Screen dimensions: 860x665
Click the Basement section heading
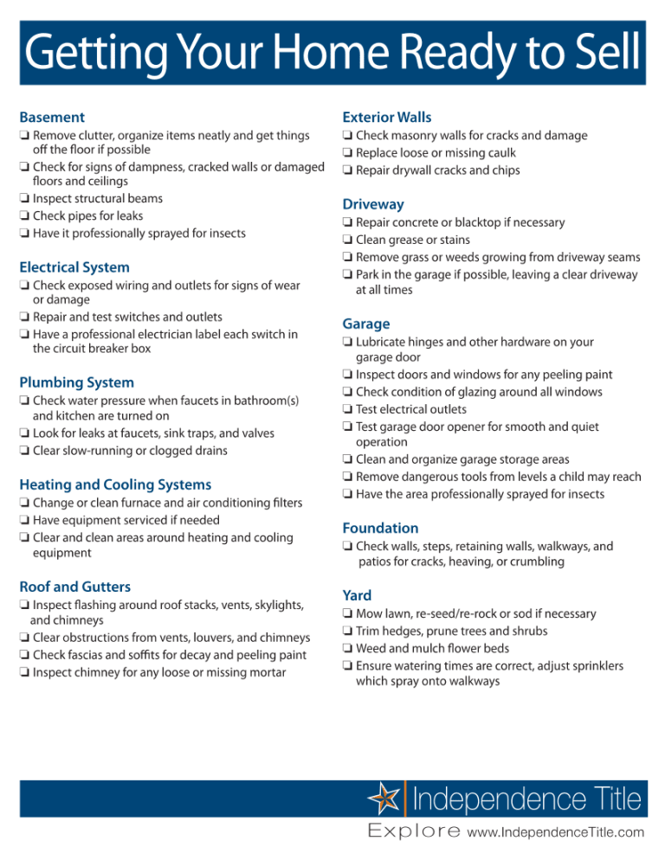52,117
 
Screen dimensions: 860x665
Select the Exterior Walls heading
386,117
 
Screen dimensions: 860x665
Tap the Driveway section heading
373,204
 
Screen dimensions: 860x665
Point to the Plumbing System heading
76,382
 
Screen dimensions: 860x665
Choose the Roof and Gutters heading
74,586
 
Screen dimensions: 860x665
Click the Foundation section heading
380,528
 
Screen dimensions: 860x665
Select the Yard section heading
357,595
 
